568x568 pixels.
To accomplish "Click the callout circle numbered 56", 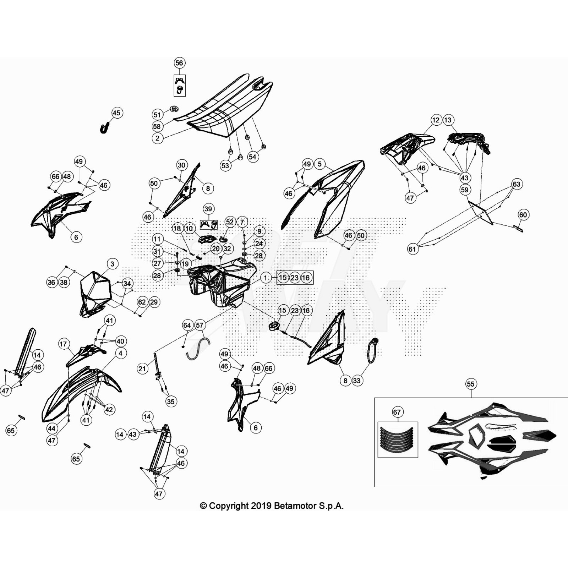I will pyautogui.click(x=179, y=63).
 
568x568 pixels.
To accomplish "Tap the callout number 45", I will pyautogui.click(x=116, y=113).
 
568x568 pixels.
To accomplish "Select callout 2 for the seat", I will pyautogui.click(x=158, y=138).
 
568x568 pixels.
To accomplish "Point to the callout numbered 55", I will pyautogui.click(x=470, y=384).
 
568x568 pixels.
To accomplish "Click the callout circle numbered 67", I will pyautogui.click(x=397, y=412).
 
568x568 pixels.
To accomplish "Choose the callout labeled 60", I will pyautogui.click(x=523, y=215).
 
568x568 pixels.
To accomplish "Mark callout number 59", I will pyautogui.click(x=465, y=190).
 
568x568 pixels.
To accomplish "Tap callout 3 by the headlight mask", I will pyautogui.click(x=113, y=264).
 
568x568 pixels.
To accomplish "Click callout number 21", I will pyautogui.click(x=142, y=368).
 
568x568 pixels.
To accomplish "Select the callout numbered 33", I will pyautogui.click(x=356, y=381).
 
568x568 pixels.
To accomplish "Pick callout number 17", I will pyautogui.click(x=63, y=344).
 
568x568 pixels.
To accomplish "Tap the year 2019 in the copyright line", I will pyautogui.click(x=261, y=506).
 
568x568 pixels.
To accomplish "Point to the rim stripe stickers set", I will pyautogui.click(x=397, y=439).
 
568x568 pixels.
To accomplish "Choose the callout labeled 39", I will pyautogui.click(x=208, y=209).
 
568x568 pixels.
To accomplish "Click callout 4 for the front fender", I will pyautogui.click(x=121, y=353).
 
